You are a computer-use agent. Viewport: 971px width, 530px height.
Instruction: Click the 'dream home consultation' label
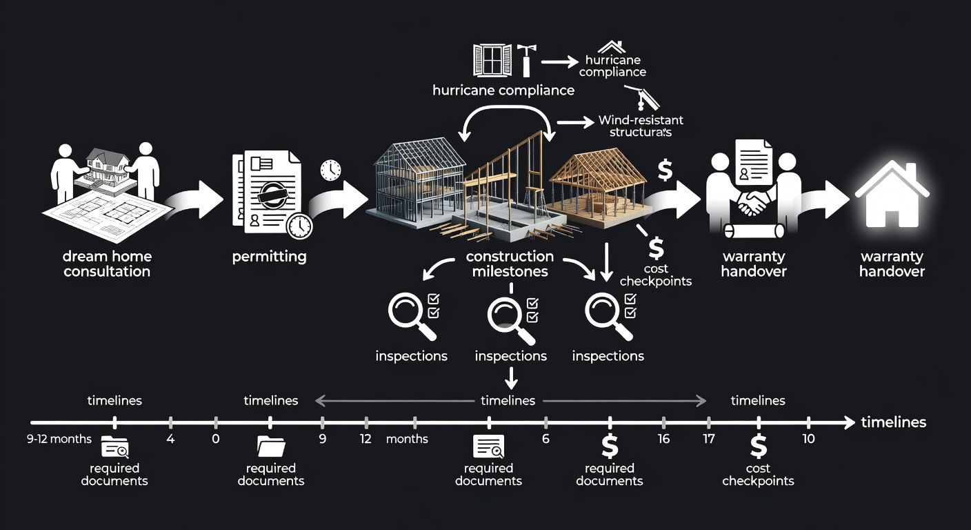click(x=107, y=264)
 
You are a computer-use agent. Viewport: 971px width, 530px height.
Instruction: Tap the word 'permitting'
click(x=269, y=257)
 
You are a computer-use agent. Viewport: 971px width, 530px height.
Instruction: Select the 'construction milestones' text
click(x=510, y=264)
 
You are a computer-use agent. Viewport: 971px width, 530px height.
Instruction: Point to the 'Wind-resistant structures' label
click(x=641, y=126)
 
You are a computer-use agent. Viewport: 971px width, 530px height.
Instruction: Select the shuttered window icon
click(x=492, y=60)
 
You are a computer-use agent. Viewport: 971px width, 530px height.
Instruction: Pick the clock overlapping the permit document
click(x=299, y=226)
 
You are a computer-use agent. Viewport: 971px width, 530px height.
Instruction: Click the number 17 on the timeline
click(x=708, y=439)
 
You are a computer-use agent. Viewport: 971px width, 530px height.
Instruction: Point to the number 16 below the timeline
click(x=663, y=439)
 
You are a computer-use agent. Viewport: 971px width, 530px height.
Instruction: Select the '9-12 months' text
click(x=59, y=439)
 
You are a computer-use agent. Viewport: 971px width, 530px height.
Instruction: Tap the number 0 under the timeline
click(x=216, y=439)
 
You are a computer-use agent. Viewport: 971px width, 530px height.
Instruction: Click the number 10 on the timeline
click(x=808, y=439)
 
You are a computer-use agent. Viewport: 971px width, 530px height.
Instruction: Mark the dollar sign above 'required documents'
click(x=610, y=446)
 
